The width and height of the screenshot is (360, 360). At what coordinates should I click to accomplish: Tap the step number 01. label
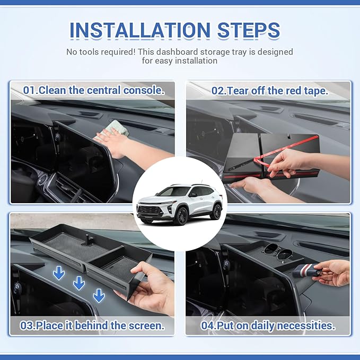[30, 90]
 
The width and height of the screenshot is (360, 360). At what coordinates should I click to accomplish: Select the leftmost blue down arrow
[59, 273]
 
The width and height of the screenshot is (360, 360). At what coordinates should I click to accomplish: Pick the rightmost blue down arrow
[99, 295]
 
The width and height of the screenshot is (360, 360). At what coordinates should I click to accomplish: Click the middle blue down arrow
[79, 284]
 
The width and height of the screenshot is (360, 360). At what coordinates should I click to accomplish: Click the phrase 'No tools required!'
[104, 52]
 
